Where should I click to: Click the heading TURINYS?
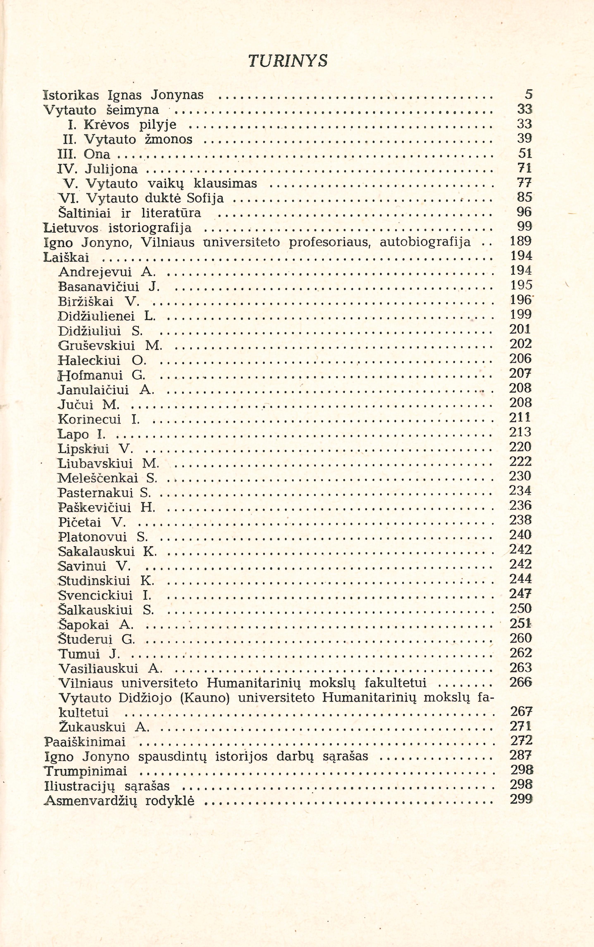coord(288,61)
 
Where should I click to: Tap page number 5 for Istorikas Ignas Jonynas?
coord(528,95)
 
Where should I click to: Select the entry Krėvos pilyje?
coord(122,125)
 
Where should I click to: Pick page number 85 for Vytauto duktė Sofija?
coord(525,197)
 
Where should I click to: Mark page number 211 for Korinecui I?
coord(521,417)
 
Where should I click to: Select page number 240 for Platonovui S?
coord(521,535)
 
